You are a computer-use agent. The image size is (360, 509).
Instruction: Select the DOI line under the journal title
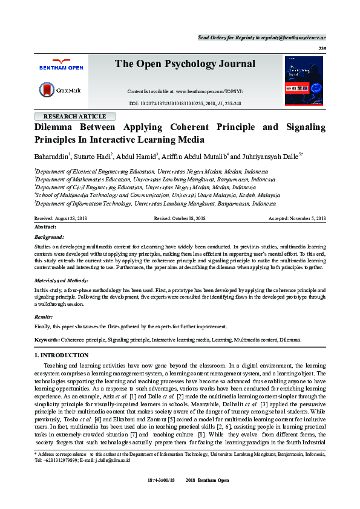(x=185, y=104)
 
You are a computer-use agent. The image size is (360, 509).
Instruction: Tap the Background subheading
(x=49, y=238)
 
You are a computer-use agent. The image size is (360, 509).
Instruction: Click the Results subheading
(x=44, y=316)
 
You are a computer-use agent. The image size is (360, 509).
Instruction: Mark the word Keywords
(x=47, y=340)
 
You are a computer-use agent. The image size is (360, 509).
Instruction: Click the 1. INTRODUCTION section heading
(x=62, y=355)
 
